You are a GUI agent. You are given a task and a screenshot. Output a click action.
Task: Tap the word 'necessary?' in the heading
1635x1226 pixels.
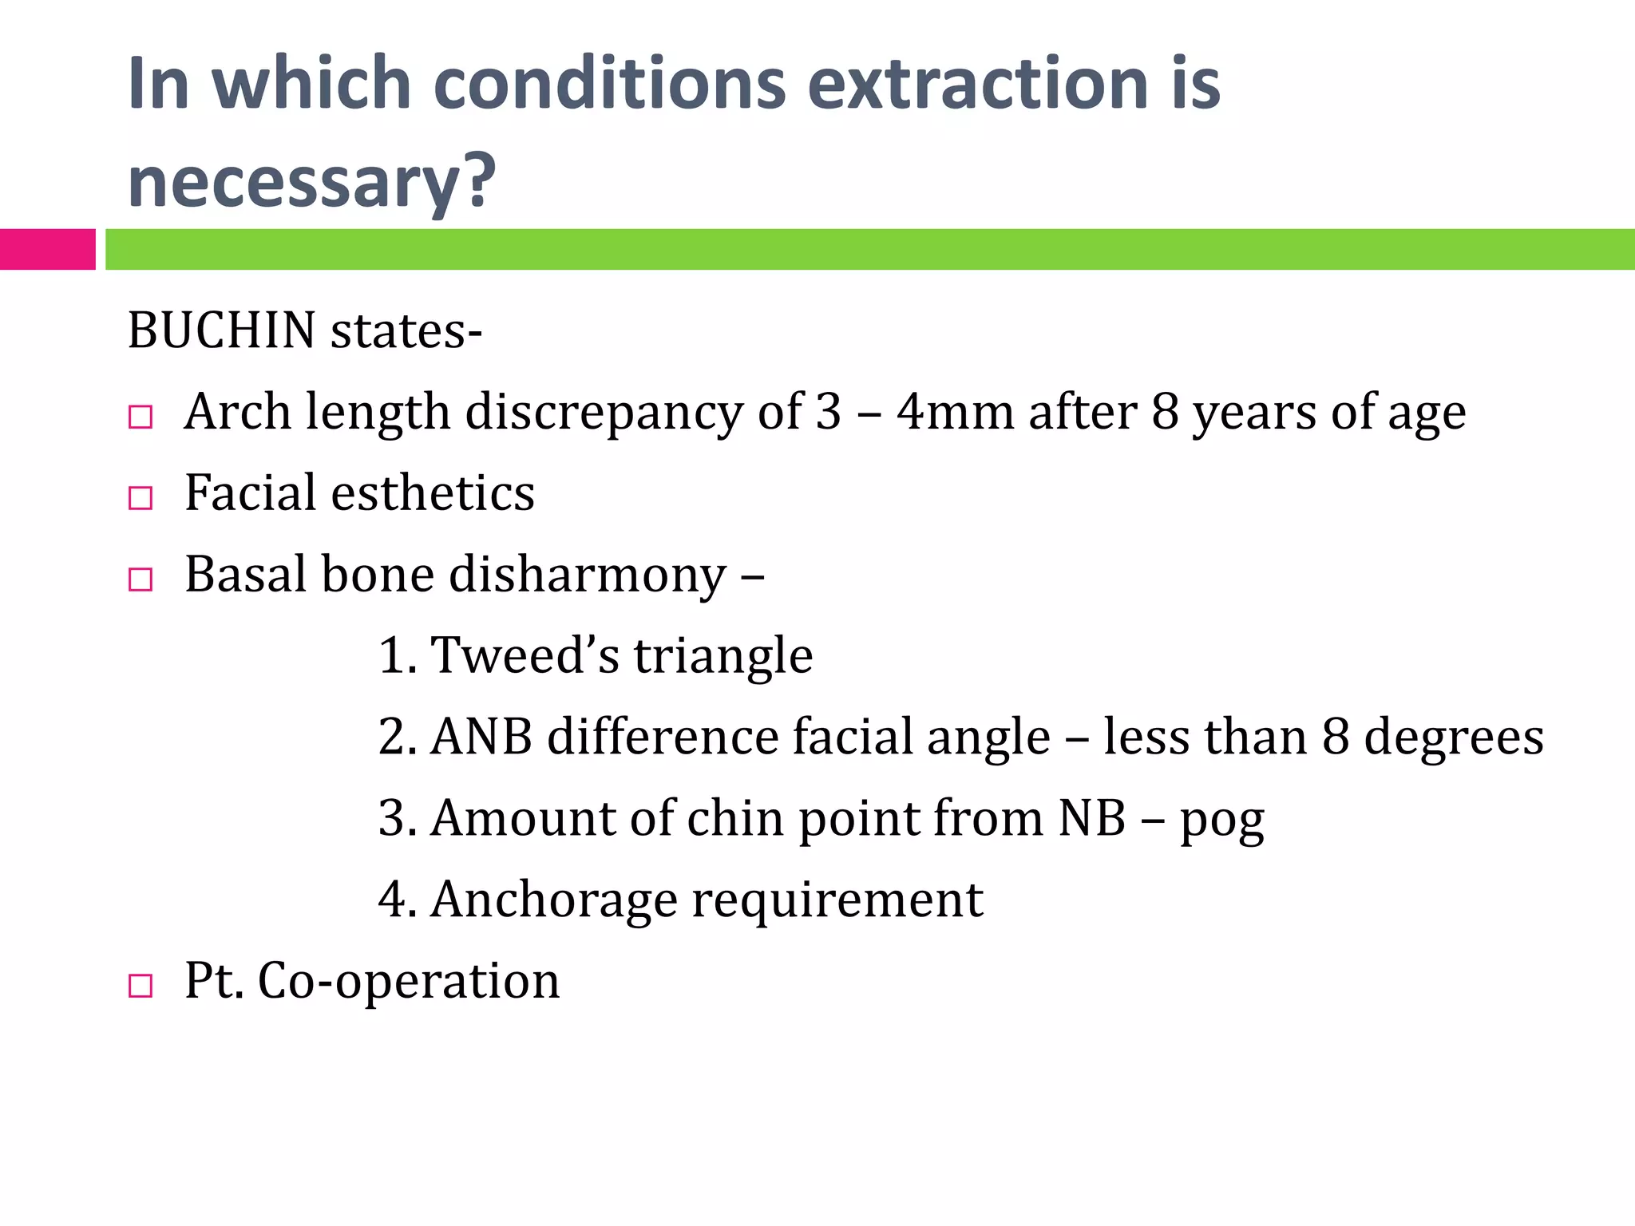pyautogui.click(x=311, y=182)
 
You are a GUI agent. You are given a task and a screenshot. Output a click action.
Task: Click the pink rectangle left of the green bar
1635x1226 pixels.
pyautogui.click(x=47, y=249)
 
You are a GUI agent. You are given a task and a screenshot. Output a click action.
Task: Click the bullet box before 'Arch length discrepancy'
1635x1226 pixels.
pyautogui.click(x=141, y=417)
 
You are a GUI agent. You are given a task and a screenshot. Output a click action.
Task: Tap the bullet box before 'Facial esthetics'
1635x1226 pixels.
pyautogui.click(x=141, y=499)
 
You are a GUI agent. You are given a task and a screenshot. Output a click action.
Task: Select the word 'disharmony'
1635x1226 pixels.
pyautogui.click(x=587, y=575)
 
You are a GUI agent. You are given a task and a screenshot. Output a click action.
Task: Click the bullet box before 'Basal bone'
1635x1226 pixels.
pyautogui.click(x=141, y=580)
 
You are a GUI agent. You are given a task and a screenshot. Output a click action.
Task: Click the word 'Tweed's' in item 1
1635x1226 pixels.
pyautogui.click(x=525, y=656)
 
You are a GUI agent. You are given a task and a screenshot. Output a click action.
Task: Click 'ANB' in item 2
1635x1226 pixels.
pyautogui.click(x=481, y=737)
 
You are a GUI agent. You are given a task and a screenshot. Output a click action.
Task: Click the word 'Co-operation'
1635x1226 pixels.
pyautogui.click(x=408, y=982)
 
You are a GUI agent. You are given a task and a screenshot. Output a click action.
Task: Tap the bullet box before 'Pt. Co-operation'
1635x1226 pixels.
pyautogui.click(x=141, y=987)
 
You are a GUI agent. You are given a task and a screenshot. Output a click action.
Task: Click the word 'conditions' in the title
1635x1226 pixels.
pyautogui.click(x=610, y=84)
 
